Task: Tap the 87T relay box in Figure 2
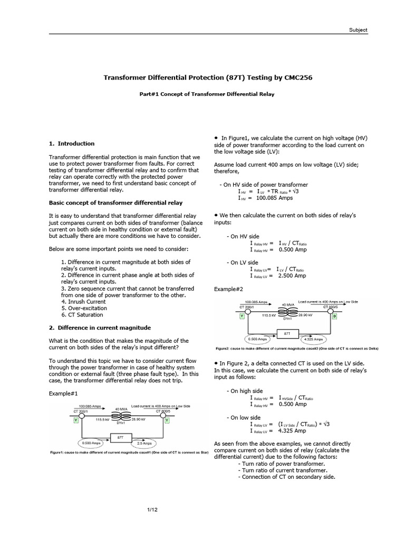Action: pos(287,334)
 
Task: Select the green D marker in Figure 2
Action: pos(334,315)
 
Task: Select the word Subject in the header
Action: pos(358,30)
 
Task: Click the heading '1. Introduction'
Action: pos(72,143)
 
